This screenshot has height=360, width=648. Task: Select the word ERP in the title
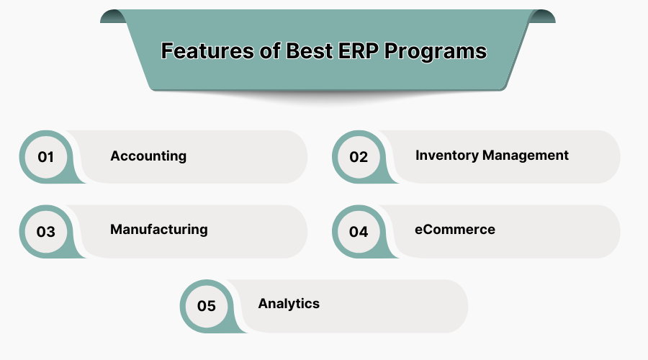pos(356,52)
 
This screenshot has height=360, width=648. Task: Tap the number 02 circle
pos(359,157)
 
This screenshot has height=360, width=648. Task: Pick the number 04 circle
pos(359,232)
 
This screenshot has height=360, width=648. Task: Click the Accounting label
pos(148,156)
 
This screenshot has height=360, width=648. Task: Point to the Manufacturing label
pos(158,230)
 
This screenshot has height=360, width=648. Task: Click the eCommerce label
pos(455,230)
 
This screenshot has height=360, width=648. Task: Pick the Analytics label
pos(289,304)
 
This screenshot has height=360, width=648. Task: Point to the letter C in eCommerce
pos(427,230)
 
